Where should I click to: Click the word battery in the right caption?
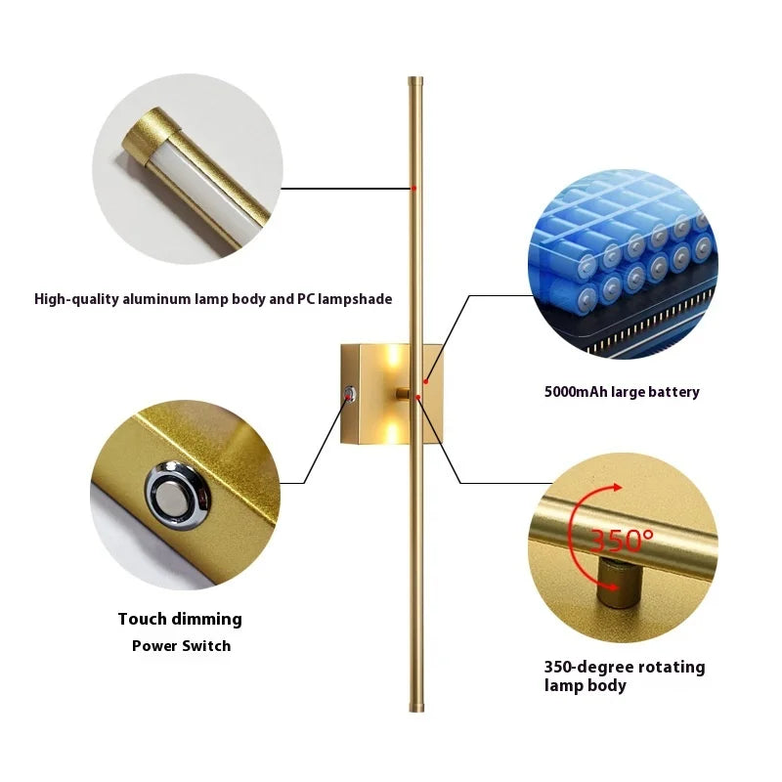[675, 392]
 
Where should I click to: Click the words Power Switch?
[182, 646]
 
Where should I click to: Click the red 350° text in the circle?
[622, 540]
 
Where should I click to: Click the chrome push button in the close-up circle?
[178, 495]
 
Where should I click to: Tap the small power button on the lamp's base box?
[351, 394]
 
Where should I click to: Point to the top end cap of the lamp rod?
[415, 81]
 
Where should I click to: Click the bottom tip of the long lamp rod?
[416, 712]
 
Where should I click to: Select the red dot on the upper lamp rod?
[413, 189]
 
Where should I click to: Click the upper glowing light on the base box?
[393, 356]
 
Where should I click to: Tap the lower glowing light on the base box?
[393, 430]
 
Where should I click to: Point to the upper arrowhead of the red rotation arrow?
[618, 487]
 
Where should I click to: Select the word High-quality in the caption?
[77, 299]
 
